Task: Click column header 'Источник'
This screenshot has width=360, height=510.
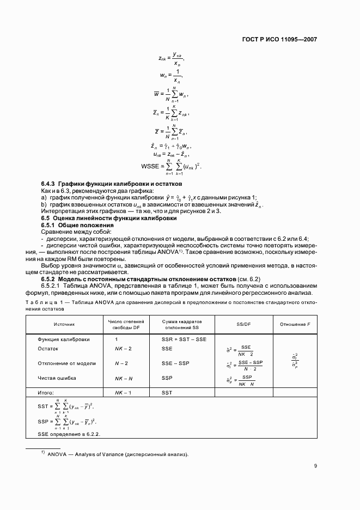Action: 64,324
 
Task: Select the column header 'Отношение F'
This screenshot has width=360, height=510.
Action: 295,324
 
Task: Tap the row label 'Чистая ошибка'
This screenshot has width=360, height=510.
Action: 57,378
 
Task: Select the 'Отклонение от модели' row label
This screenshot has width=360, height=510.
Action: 66,363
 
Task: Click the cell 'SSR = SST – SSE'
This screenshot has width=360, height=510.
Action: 184,339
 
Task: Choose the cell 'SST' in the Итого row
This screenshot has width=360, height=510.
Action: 167,392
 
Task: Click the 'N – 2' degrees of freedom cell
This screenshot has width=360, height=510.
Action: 121,363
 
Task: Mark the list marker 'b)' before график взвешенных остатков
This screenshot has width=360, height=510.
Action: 45,203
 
